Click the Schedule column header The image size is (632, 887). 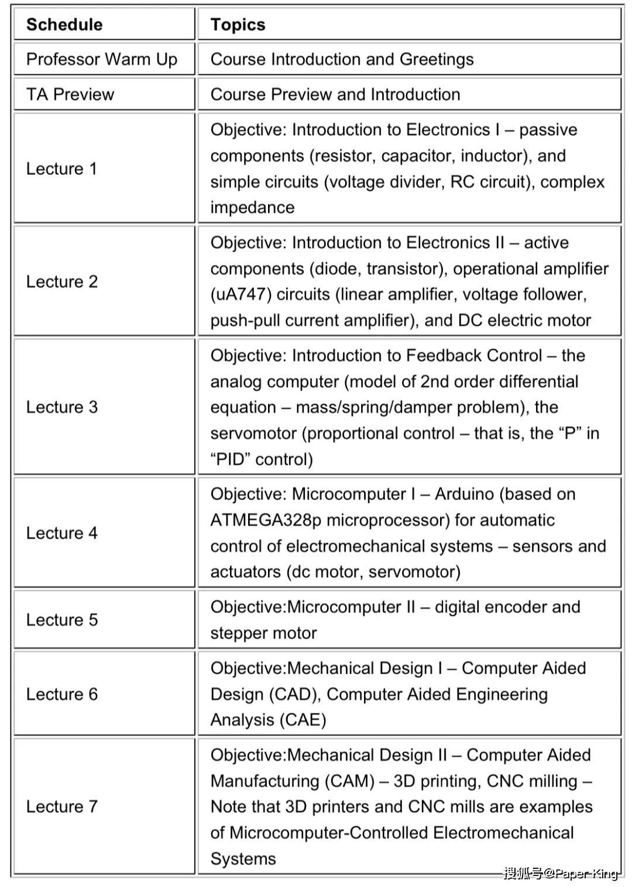[x=64, y=25]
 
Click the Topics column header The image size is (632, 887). [x=238, y=25]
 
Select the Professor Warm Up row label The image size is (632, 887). [x=102, y=59]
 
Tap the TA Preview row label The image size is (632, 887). [x=70, y=94]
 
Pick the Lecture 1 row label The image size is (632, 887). [x=61, y=168]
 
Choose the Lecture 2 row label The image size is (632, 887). [x=62, y=281]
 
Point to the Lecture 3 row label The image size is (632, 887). [x=62, y=407]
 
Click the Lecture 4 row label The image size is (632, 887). [x=62, y=533]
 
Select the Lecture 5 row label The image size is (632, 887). [x=62, y=620]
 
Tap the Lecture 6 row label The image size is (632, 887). [x=62, y=694]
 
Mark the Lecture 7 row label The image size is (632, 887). [x=62, y=806]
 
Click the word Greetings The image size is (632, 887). [x=437, y=59]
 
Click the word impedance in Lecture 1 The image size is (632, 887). [x=252, y=208]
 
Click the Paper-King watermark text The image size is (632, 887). [x=586, y=874]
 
